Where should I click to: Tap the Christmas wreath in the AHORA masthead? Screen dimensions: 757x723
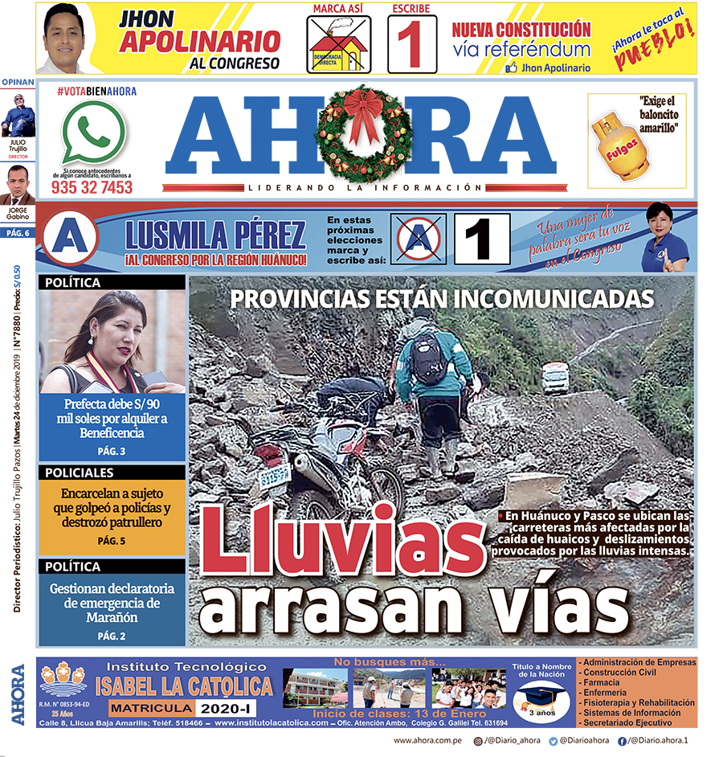point(363,133)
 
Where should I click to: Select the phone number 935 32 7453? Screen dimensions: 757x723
point(92,187)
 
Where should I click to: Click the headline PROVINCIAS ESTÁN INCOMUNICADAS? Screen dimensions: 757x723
point(441,299)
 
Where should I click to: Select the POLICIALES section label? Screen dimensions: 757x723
point(80,473)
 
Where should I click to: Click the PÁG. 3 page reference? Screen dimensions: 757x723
point(111,451)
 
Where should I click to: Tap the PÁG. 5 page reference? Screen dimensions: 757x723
point(111,541)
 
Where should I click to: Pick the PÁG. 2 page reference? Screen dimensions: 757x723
point(111,636)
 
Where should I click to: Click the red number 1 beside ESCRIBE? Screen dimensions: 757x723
point(411,46)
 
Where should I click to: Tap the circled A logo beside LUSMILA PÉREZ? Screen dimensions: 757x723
point(71,239)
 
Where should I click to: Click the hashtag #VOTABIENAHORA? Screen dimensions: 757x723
point(96,92)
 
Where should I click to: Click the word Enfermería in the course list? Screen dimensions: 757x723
point(608,692)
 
